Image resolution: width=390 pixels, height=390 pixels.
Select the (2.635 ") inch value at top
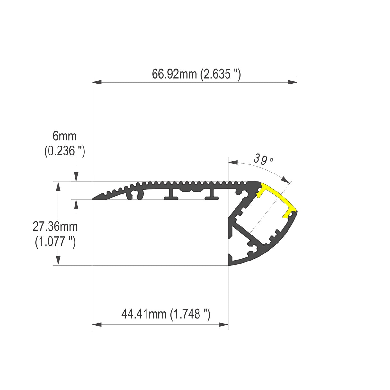[220, 75]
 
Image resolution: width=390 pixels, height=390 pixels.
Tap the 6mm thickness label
[65, 136]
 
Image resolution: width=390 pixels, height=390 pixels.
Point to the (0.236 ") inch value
[65, 151]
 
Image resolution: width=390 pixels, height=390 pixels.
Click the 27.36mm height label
[55, 227]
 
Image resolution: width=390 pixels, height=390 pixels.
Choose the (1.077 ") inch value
[55, 242]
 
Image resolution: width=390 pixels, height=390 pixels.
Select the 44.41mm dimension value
[144, 314]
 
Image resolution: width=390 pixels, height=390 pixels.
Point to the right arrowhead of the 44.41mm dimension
[224, 325]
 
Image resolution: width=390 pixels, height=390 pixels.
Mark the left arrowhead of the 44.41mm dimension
[97, 325]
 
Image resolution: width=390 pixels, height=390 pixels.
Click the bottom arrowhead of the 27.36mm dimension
[58, 261]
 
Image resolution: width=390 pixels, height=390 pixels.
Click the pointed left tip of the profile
[93, 199]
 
